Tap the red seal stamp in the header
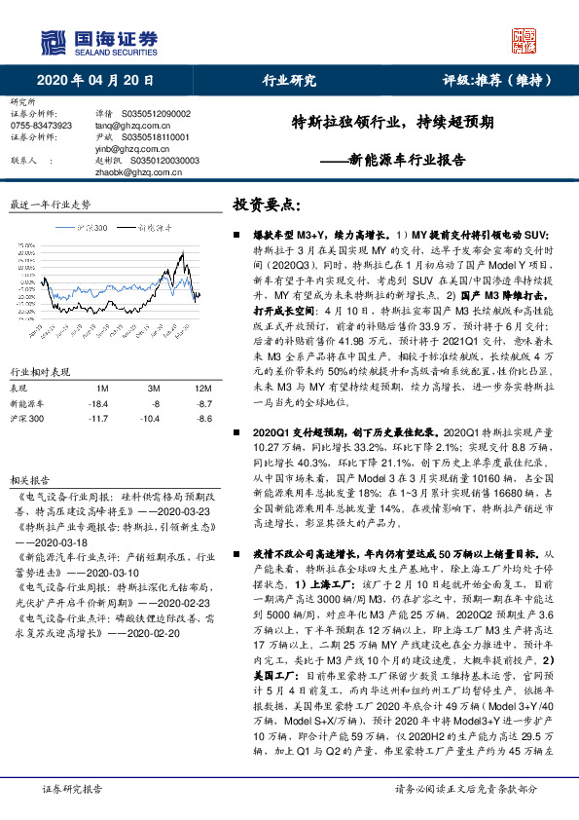coord(525,40)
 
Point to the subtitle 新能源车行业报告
coord(396,159)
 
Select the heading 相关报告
coord(27,481)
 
